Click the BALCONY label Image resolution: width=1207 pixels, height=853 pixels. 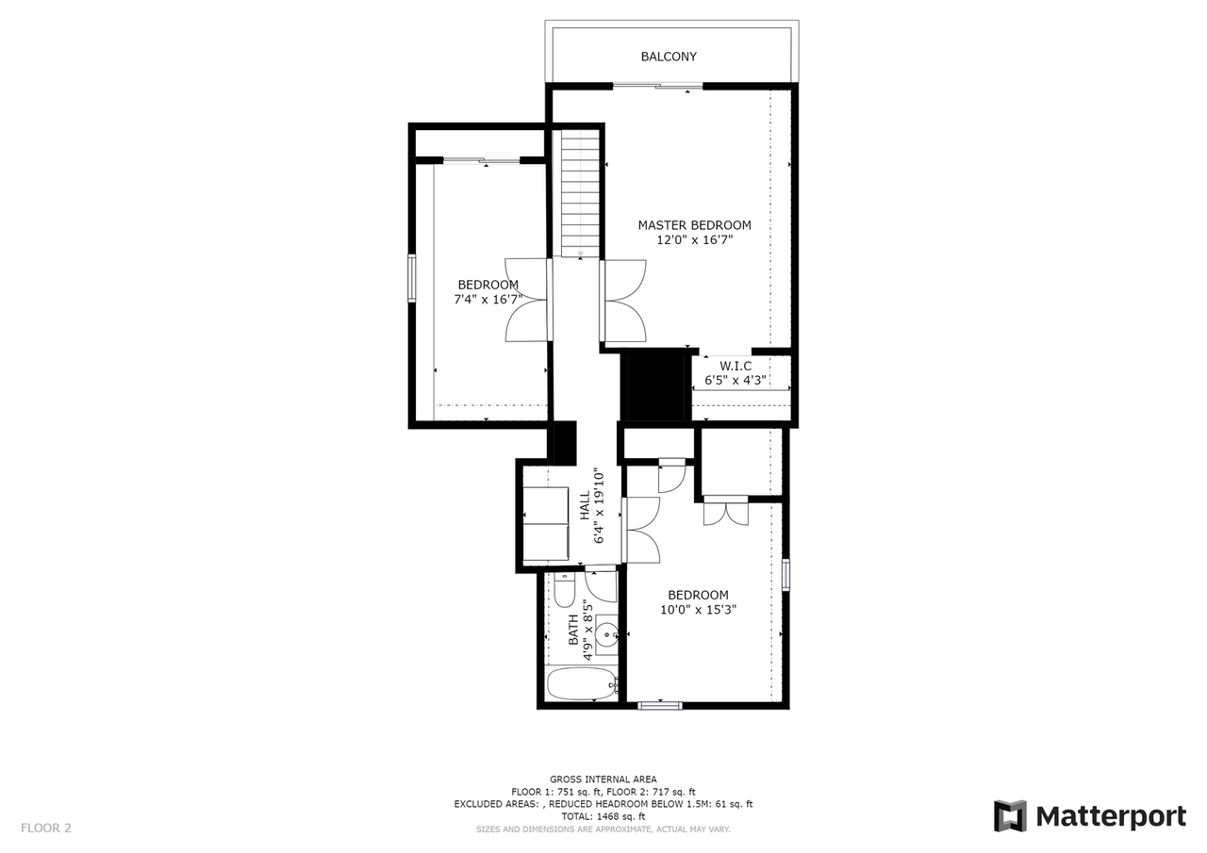tap(669, 57)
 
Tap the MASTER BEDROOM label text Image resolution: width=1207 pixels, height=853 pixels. tap(694, 225)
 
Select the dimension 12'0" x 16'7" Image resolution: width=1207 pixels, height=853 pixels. tap(694, 240)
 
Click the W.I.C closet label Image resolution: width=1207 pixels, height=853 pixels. tap(736, 366)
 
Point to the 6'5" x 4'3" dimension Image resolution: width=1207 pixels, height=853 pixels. tap(736, 381)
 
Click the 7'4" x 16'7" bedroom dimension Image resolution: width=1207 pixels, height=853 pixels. tap(488, 300)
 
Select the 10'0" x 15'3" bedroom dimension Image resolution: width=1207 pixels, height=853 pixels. tap(698, 610)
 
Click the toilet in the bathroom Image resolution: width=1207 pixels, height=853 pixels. tap(565, 591)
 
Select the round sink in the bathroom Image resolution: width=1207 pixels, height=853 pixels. tap(606, 633)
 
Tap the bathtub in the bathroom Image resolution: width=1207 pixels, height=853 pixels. tap(581, 684)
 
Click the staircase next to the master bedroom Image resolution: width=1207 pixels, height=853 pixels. tap(580, 192)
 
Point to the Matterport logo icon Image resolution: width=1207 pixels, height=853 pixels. tap(1010, 816)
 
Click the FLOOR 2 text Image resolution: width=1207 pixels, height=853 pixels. tap(46, 828)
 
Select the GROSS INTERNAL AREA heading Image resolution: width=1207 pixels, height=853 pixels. tap(603, 779)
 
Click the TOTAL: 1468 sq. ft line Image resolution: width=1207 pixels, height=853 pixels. tap(603, 816)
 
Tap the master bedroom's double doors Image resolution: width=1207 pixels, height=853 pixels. tap(623, 301)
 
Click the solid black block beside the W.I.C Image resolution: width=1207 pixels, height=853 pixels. tap(652, 385)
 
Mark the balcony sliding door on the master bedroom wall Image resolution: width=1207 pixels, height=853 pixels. tap(657, 87)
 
